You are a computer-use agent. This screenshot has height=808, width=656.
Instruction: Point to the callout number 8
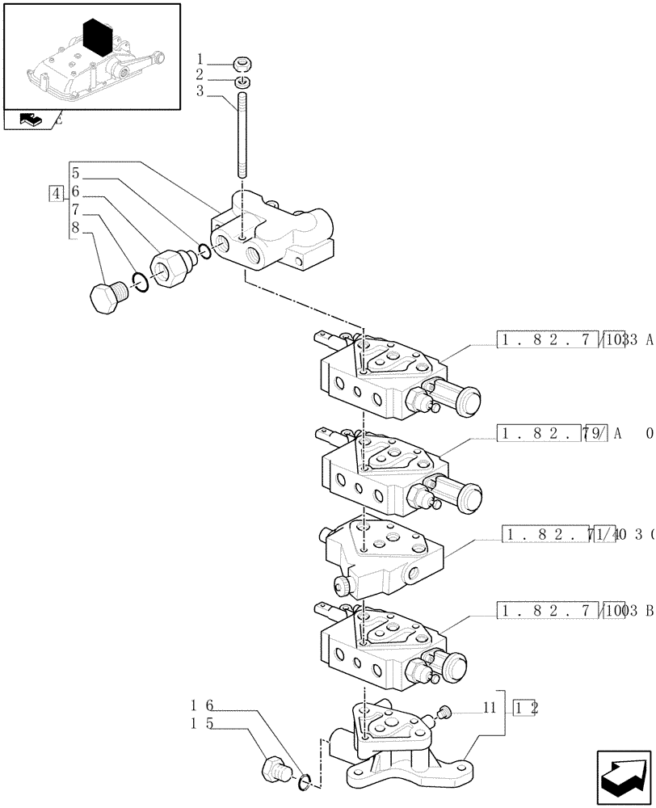click(x=75, y=228)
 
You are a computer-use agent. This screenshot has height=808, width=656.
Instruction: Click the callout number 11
click(x=488, y=707)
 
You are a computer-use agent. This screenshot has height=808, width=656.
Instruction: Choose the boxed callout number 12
click(x=526, y=708)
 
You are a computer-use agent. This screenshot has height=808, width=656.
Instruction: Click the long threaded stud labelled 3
click(x=242, y=137)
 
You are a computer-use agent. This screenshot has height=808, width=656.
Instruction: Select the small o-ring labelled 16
click(x=304, y=780)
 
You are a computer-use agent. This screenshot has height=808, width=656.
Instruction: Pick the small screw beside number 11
click(x=444, y=710)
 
